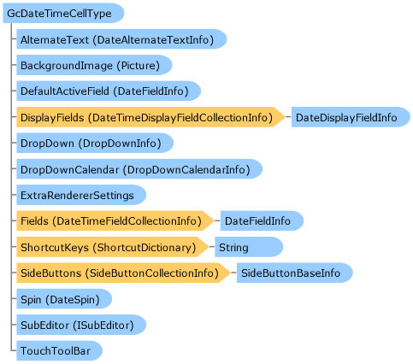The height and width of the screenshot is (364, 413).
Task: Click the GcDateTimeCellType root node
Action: click(63, 13)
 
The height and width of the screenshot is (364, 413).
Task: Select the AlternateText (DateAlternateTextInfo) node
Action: click(121, 39)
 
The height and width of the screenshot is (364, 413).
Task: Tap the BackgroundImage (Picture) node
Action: click(94, 65)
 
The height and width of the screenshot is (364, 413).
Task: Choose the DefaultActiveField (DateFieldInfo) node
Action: click(109, 91)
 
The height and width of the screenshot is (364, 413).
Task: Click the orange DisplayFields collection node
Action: click(150, 117)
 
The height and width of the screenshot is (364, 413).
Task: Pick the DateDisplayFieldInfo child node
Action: click(351, 117)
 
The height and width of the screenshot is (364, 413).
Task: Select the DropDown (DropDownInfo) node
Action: click(95, 143)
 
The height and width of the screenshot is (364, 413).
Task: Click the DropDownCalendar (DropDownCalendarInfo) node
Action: click(139, 169)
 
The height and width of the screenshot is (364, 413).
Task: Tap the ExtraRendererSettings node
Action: click(81, 195)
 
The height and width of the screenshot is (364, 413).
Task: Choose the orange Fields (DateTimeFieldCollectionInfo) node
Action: click(115, 220)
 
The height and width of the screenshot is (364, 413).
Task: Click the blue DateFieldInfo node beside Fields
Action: click(262, 220)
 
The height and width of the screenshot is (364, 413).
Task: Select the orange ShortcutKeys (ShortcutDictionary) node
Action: click(113, 247)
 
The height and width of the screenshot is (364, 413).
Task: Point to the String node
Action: click(249, 247)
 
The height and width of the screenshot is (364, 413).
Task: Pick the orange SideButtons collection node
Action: click(123, 273)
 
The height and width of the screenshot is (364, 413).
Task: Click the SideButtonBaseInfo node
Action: click(295, 273)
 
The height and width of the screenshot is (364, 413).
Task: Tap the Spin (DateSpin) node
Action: click(64, 299)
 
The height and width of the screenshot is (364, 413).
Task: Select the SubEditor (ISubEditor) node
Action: click(81, 325)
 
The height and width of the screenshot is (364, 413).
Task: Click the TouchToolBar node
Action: click(59, 350)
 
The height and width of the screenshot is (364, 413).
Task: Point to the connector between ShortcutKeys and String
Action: click(212, 247)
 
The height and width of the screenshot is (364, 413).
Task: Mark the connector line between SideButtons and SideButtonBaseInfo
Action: click(233, 273)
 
